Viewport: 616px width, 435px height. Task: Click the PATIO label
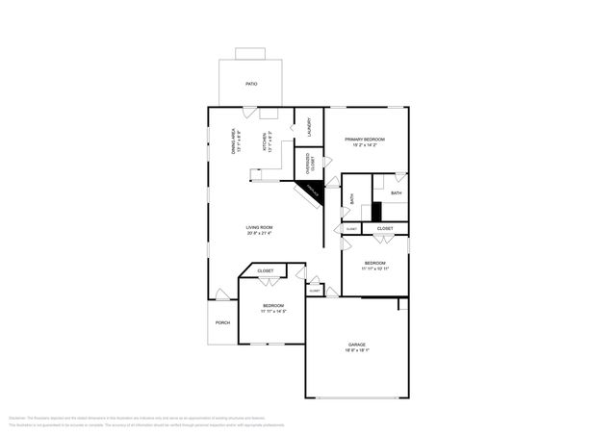(250, 84)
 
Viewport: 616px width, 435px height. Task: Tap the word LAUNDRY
(309, 127)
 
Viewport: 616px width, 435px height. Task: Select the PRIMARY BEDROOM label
(365, 140)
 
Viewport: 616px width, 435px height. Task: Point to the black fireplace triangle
(314, 192)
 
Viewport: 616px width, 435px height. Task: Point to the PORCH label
(222, 322)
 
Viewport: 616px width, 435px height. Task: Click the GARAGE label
(357, 345)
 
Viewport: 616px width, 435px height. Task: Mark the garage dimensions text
(357, 350)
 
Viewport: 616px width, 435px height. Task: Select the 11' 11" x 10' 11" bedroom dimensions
(375, 269)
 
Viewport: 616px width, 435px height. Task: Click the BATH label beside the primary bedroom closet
(396, 193)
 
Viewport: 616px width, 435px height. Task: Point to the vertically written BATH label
(353, 199)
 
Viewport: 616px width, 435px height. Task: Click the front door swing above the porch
(222, 294)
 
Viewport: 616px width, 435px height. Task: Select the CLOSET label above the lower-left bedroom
(265, 271)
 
